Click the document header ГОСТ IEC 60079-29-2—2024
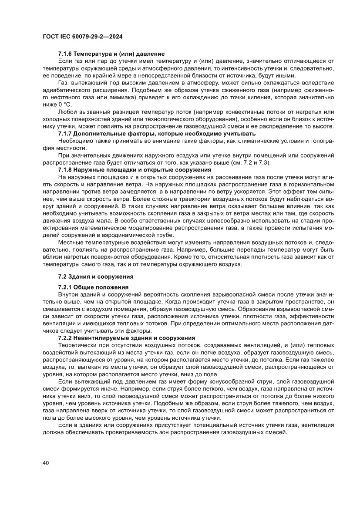(82, 37)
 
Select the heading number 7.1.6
(66, 54)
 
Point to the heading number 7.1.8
(66, 169)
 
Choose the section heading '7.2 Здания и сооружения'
(95, 276)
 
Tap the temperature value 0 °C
(64, 104)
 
